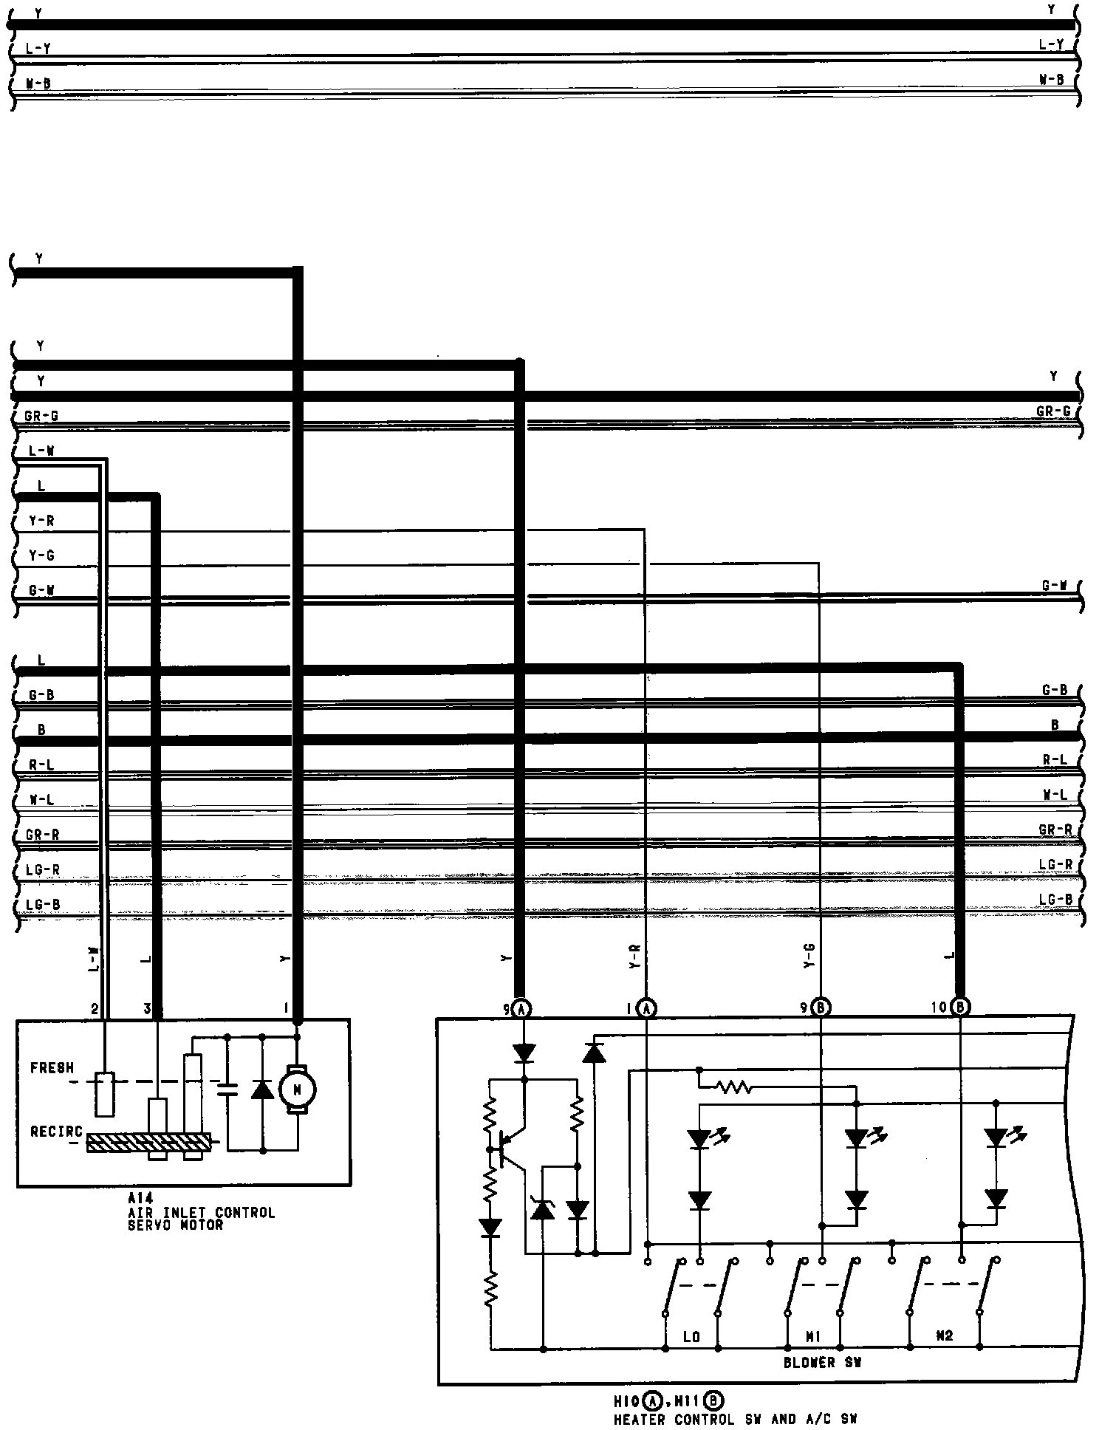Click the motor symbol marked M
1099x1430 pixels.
(x=297, y=1089)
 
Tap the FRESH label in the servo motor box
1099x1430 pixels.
(x=52, y=1068)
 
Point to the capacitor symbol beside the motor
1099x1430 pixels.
(x=228, y=1089)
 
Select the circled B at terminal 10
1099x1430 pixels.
(x=960, y=1006)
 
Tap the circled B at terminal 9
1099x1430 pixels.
(x=821, y=1007)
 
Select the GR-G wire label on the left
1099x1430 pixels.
(x=41, y=416)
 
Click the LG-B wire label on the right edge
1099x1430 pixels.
(x=1055, y=899)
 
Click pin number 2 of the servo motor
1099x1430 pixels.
(x=95, y=1009)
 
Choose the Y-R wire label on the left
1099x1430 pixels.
(x=41, y=521)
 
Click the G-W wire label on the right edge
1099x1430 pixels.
(x=1055, y=586)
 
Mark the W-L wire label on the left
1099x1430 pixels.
(x=41, y=799)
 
